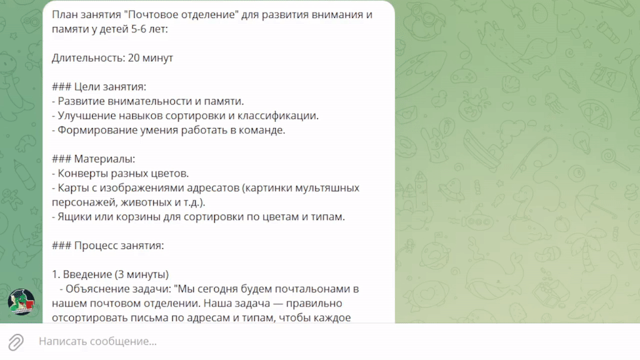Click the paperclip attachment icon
16,342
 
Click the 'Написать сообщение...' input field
97,341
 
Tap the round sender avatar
21,302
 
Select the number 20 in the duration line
134,57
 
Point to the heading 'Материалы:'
104,159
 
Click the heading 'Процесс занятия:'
119,245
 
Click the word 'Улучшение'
83,116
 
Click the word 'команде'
264,130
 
